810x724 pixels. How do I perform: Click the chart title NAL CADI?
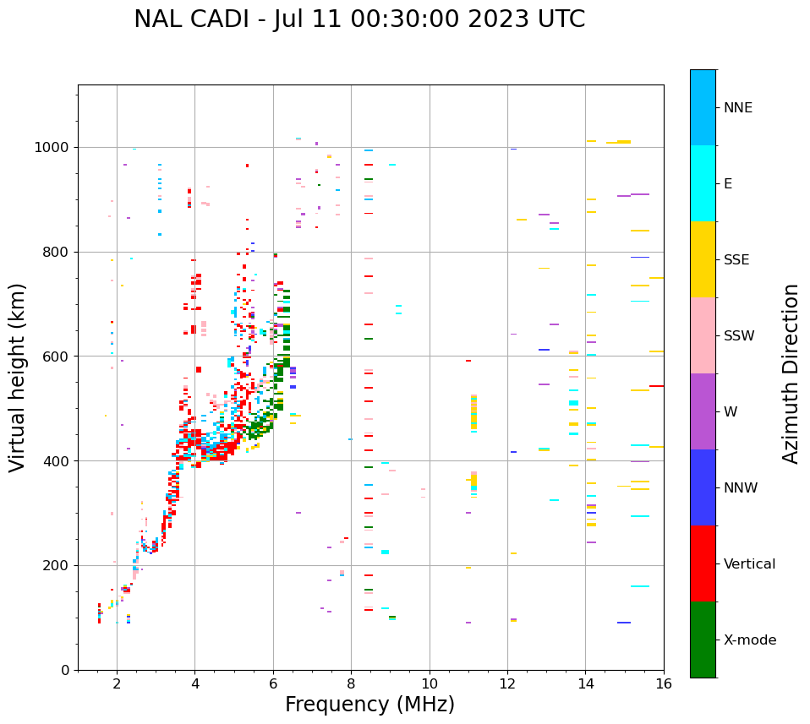pos(358,19)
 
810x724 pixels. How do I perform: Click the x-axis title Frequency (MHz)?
pos(369,705)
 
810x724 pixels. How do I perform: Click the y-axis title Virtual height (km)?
pos(18,378)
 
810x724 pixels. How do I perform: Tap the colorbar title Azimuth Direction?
pos(791,373)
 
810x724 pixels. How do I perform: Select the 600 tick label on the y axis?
pos(58,357)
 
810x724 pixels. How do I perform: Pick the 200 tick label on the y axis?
pos(58,565)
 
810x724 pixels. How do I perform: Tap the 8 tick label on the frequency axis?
pos(351,683)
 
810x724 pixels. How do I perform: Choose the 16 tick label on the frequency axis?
pos(664,683)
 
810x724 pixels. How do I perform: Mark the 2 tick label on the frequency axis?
pos(117,683)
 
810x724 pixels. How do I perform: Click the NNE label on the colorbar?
pos(737,108)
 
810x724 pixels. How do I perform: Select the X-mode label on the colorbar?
pos(749,640)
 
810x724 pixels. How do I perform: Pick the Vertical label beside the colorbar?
pos(749,564)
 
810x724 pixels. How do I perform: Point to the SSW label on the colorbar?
pos(739,336)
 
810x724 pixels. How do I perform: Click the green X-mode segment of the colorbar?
pos(703,640)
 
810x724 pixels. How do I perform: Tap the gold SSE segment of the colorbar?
pos(703,259)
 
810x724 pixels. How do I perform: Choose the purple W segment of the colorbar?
pos(703,411)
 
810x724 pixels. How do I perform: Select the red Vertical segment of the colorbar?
pos(703,563)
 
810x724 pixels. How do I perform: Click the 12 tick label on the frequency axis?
pos(507,683)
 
